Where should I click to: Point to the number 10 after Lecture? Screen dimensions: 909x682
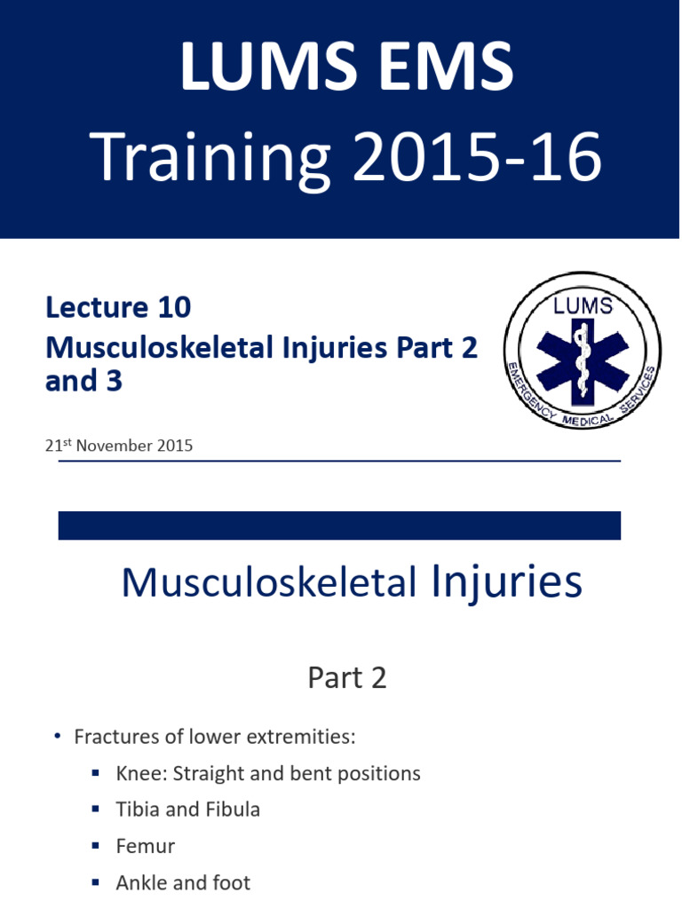[x=175, y=307]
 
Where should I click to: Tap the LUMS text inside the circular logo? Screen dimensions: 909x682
[x=583, y=306]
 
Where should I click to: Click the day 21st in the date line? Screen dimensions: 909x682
[x=59, y=445]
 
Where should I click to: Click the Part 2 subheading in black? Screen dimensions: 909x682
[x=347, y=678]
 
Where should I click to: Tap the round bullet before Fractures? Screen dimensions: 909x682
[x=57, y=737]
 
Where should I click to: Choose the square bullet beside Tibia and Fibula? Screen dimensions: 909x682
[x=95, y=810]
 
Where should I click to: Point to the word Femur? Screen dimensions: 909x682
[x=146, y=846]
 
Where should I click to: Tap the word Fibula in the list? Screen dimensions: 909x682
[x=232, y=810]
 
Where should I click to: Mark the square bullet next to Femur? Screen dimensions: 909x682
[x=95, y=846]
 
